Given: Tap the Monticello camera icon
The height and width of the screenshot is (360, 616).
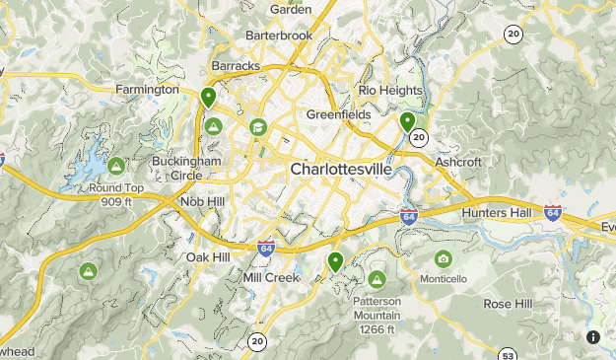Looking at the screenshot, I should (443, 259).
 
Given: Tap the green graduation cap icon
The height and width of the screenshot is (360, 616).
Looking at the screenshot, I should (257, 126).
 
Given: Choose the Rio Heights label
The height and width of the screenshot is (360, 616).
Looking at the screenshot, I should (390, 91).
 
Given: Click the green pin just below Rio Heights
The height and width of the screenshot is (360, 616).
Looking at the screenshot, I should (407, 121).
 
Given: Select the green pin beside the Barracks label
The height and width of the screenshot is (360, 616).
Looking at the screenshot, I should (208, 97).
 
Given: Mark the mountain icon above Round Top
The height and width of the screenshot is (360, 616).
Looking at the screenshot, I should (116, 165).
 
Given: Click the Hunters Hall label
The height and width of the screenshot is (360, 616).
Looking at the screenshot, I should (497, 213).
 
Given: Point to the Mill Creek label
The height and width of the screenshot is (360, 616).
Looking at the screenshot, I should (270, 278).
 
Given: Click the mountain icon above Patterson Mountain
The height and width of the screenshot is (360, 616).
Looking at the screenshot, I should (376, 277).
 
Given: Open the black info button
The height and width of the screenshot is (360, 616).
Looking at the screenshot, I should (593, 337).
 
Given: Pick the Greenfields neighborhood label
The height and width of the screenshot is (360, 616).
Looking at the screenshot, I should (338, 114).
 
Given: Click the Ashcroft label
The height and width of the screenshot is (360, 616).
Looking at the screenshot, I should (458, 162).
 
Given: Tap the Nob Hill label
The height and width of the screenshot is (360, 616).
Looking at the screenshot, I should (203, 201).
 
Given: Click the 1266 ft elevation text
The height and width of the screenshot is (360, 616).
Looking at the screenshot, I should (376, 329).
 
